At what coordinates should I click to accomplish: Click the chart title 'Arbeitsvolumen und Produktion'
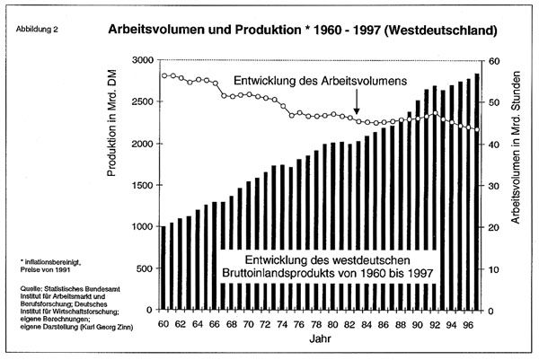[x=205, y=30]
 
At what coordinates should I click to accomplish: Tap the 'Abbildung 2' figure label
[x=37, y=30]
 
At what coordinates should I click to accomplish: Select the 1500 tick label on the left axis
[x=142, y=185]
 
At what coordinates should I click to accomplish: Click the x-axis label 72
[x=265, y=324]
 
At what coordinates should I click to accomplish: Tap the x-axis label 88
[x=401, y=324]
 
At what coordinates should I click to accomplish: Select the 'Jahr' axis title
[x=320, y=339]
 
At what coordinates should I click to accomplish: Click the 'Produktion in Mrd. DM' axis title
[x=111, y=123]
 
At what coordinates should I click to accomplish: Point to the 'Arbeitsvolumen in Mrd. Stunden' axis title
[x=516, y=147]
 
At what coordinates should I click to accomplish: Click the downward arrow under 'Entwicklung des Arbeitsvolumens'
[x=357, y=101]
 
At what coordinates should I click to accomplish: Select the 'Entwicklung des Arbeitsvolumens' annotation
[x=320, y=81]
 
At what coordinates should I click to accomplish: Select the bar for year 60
[x=163, y=268]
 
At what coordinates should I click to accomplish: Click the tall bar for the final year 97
[x=477, y=192]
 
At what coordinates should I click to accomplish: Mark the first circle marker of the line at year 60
[x=164, y=76]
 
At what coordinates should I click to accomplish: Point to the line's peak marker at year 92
[x=435, y=113]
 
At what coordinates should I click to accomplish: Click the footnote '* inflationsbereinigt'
[x=50, y=263]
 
